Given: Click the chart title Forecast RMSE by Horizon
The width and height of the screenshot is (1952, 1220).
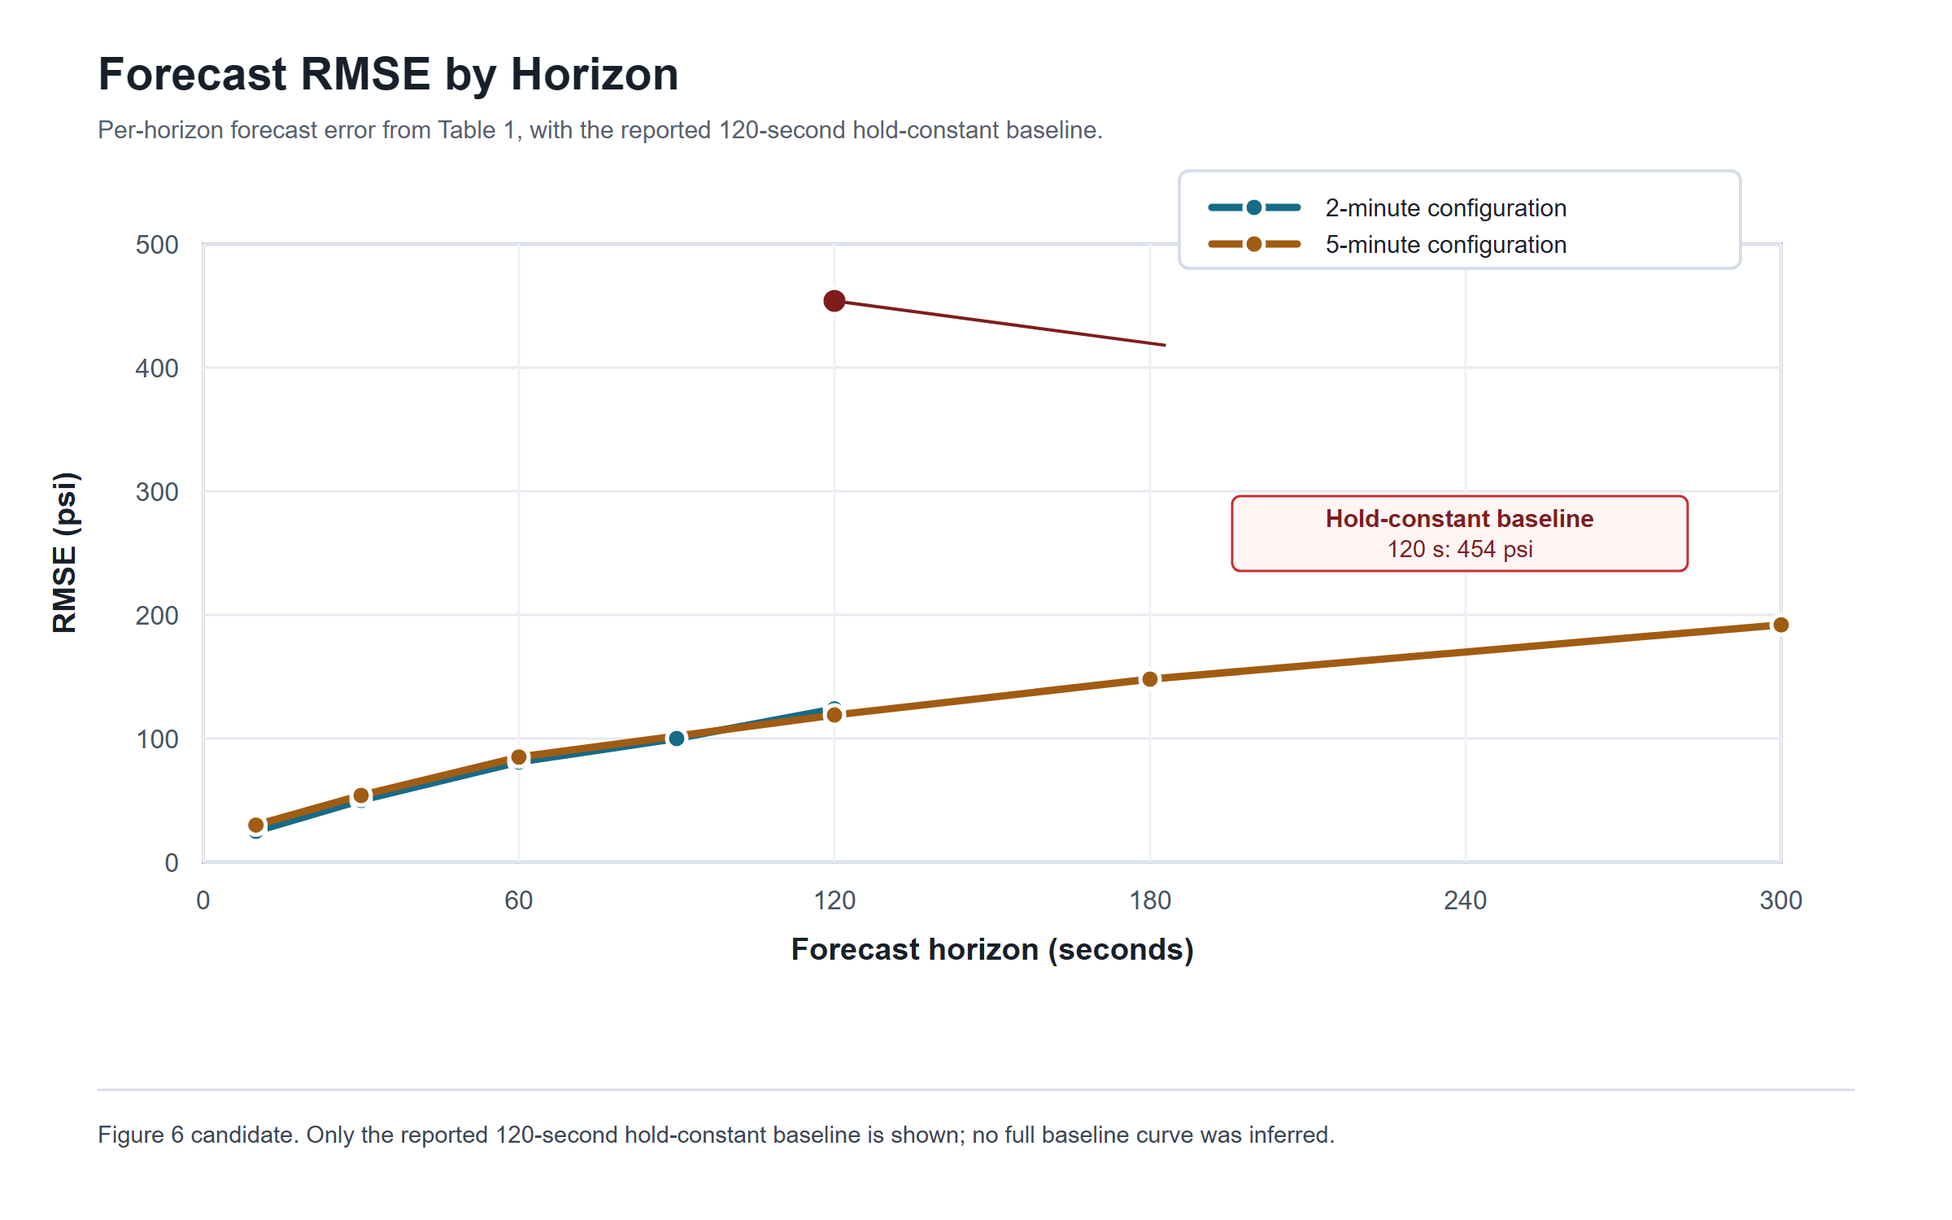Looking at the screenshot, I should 388,75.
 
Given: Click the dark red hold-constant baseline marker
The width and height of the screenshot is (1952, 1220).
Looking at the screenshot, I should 834,301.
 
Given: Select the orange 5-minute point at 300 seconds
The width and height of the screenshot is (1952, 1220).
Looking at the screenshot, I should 1780,625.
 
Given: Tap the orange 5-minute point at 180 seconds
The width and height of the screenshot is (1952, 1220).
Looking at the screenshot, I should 1149,679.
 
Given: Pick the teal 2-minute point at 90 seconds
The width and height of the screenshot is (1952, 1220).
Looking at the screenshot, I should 677,739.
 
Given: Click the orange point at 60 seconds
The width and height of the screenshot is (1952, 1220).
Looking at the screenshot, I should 519,757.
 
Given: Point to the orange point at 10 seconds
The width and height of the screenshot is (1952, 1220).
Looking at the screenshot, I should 256,826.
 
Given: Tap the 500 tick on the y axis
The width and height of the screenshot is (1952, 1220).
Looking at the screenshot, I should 157,245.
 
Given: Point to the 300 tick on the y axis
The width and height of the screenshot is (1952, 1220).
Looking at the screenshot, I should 157,492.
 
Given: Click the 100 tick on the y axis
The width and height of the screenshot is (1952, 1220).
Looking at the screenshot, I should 157,739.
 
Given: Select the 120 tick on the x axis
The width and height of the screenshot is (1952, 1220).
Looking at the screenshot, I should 834,900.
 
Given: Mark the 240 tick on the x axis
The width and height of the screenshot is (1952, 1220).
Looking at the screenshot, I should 1465,900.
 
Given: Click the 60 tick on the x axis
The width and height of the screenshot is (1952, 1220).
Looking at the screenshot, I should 519,900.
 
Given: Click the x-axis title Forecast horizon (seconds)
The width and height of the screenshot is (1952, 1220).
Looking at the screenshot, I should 992,949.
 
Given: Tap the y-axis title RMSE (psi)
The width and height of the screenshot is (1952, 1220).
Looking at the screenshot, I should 65,553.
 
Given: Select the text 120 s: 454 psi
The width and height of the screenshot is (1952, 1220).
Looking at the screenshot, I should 1459,549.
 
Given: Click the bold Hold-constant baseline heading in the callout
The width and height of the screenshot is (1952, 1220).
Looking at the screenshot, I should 1459,518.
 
